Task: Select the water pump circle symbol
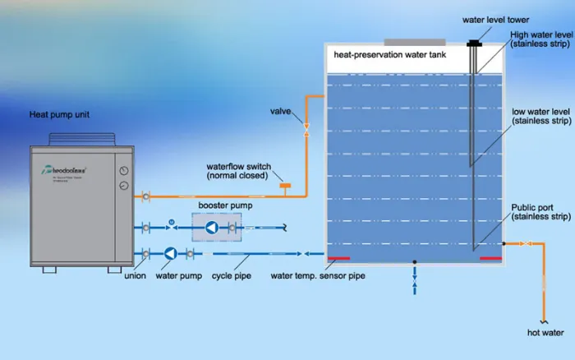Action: coord(171,254)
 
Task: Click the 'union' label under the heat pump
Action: coord(135,275)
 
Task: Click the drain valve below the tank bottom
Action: coord(415,279)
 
